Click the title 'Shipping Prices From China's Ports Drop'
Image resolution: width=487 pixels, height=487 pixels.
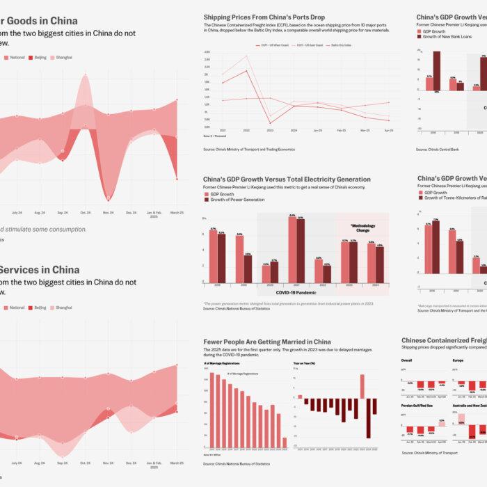[264, 17]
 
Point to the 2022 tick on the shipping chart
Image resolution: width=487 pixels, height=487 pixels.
[247, 131]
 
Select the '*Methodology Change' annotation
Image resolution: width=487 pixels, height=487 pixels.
[363, 228]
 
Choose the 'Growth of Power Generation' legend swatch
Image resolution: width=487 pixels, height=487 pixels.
[207, 200]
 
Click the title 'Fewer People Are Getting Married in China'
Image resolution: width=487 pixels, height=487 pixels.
[267, 342]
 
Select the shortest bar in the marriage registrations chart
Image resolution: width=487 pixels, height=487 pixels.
[285, 442]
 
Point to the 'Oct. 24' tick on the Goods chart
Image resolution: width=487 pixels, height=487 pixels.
[86, 193]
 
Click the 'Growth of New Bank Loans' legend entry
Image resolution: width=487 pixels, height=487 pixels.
[449, 36]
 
